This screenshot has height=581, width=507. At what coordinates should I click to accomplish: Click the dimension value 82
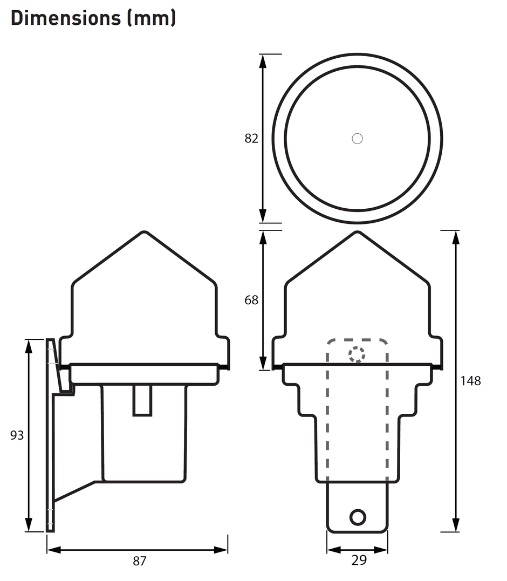tap(251, 138)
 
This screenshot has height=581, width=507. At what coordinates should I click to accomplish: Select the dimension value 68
tap(251, 300)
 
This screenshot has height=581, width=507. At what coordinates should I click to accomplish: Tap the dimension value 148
tap(470, 380)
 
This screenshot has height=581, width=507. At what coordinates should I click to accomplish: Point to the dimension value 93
tap(17, 435)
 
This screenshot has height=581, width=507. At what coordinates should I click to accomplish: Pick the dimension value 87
tap(140, 561)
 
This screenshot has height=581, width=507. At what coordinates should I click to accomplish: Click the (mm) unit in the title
tap(152, 18)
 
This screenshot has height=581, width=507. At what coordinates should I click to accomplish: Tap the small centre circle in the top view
tap(357, 139)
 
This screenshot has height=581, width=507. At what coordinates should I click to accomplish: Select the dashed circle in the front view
tap(357, 347)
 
